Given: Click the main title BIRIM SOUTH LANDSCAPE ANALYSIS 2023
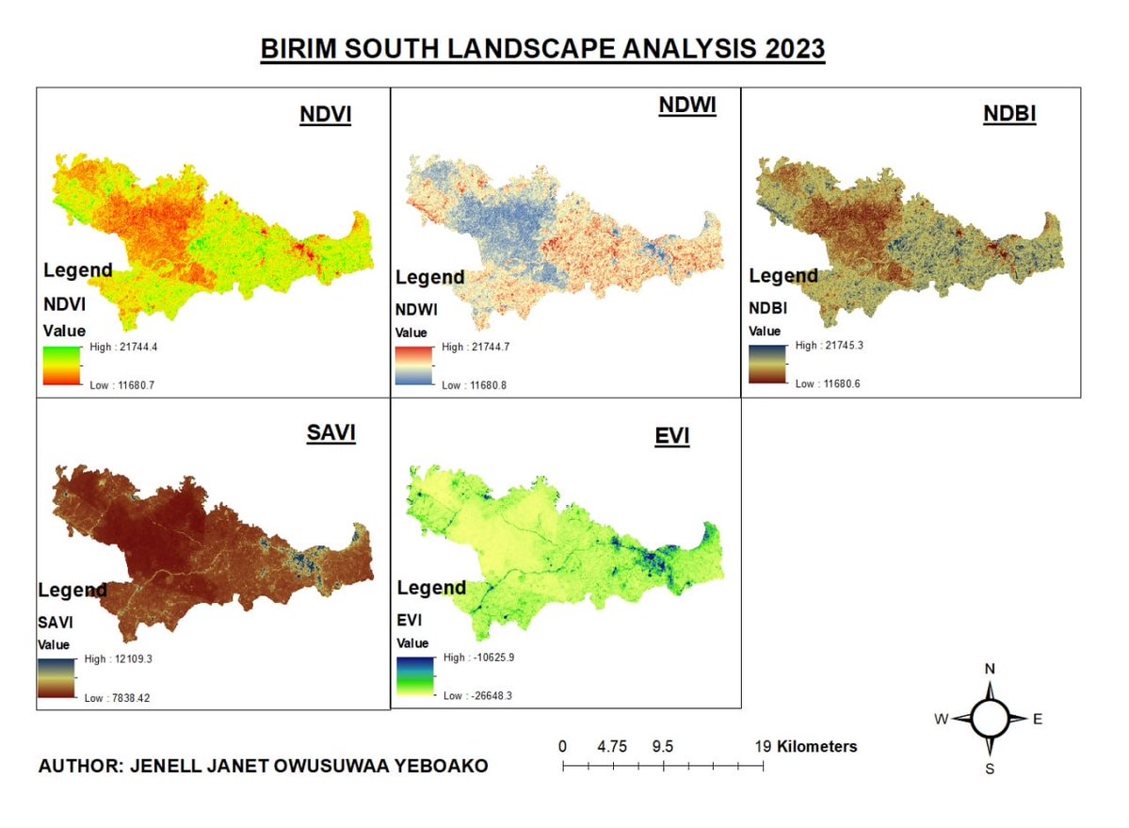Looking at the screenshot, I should [542, 50].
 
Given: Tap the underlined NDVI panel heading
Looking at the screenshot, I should [325, 115].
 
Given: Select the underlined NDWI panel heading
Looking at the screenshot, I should [686, 106].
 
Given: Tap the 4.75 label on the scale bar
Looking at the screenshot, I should [612, 746].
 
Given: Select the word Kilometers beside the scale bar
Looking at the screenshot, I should [817, 746].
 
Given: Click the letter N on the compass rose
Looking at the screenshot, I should [990, 669].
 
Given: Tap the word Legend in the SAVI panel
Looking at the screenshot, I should [73, 591].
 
